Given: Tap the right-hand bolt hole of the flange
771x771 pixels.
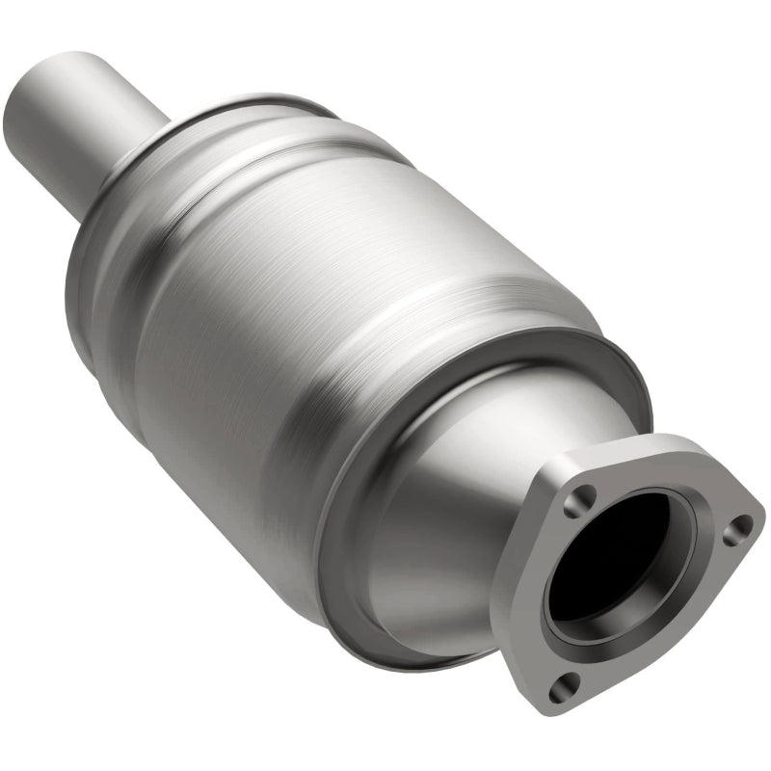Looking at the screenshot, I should click(x=739, y=526).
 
